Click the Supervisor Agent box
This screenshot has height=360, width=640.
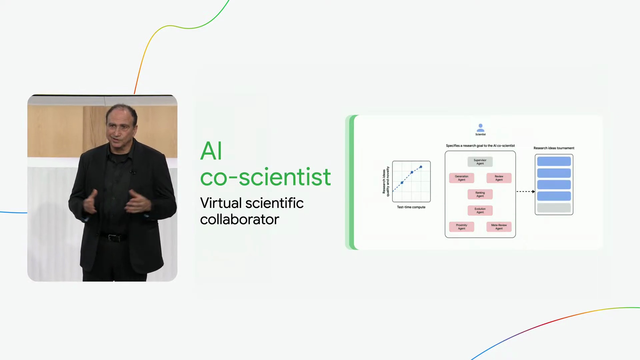coord(480,162)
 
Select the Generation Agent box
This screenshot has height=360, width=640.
coord(461,178)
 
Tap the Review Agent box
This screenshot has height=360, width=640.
coord(499,178)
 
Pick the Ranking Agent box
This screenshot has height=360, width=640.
coord(480,194)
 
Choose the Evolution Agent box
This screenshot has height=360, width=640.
coord(480,210)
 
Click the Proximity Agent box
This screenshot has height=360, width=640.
coord(461,227)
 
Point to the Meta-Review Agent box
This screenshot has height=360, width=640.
coord(499,227)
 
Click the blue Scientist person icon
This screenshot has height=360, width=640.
coord(480,128)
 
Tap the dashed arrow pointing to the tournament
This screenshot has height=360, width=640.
coord(526,192)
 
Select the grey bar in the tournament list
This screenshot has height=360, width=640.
coord(554,208)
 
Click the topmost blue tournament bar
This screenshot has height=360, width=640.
coord(554,161)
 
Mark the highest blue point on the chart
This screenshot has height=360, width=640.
coord(421,167)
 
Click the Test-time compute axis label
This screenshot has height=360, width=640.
coord(411,207)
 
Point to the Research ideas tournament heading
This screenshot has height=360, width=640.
coord(554,148)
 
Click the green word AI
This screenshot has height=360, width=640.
coord(211,151)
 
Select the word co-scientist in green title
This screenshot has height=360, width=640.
coord(265,177)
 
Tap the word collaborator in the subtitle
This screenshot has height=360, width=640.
coord(239,219)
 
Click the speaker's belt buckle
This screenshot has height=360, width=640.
coord(113,238)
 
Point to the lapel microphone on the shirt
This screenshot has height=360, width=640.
coord(133,172)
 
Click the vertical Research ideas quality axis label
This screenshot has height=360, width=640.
coord(386,181)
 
